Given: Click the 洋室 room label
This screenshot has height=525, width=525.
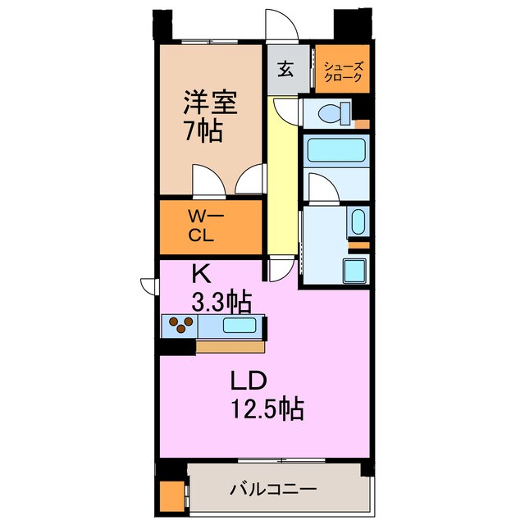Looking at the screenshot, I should (x=210, y=103).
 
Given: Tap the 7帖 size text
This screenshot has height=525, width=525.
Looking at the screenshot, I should (x=203, y=130).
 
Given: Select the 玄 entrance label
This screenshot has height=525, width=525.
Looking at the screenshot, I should (x=285, y=70).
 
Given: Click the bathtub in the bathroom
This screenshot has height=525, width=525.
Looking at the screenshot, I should (x=337, y=152).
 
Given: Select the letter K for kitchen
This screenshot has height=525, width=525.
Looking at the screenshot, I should (x=200, y=272).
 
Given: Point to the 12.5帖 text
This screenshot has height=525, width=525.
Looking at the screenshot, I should (x=264, y=408).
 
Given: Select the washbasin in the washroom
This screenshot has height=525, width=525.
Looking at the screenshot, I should (x=358, y=221).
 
